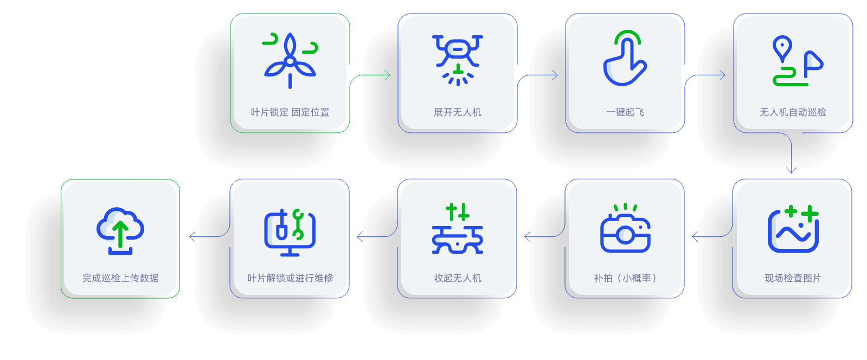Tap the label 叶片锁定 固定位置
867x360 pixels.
point(290,112)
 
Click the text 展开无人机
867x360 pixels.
point(458,112)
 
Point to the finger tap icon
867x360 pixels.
point(625,59)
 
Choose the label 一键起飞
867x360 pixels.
point(625,112)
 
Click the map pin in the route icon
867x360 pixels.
point(782,48)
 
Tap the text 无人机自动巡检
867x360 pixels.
point(793,112)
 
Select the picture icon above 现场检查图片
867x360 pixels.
point(793,229)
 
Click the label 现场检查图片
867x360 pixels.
point(793,278)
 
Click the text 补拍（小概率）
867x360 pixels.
point(625,278)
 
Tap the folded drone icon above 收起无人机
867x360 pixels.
point(458,229)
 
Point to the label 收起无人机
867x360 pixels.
point(458,278)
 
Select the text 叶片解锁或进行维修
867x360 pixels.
point(290,278)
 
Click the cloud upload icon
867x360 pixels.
point(120,230)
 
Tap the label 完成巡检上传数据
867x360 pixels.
point(120,278)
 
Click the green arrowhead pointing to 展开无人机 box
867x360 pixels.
point(388,75)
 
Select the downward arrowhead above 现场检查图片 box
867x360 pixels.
point(792,170)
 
